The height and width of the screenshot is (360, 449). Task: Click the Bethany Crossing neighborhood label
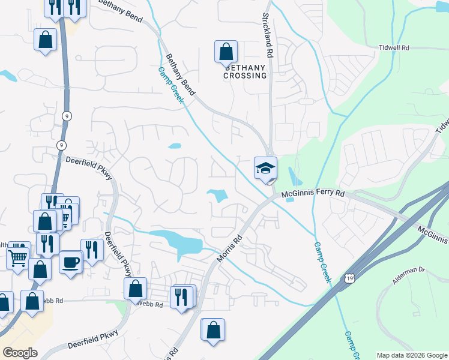tap(245, 72)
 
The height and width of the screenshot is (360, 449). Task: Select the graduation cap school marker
tap(265, 169)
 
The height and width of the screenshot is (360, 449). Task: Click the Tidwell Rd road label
tap(394, 47)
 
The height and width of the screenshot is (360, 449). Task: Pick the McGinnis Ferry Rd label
tap(314, 194)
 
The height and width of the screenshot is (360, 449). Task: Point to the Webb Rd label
tap(150, 305)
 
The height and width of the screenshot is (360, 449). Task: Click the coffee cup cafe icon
tap(71, 262)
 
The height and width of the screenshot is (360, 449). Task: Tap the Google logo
tap(19, 352)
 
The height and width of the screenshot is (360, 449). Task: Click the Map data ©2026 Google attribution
tap(412, 355)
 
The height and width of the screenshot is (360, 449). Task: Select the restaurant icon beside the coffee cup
tap(92, 250)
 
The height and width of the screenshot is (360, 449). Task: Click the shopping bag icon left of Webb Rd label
tap(136, 289)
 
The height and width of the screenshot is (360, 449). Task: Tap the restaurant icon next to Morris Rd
tap(182, 296)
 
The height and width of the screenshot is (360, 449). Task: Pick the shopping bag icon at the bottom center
tap(212, 330)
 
